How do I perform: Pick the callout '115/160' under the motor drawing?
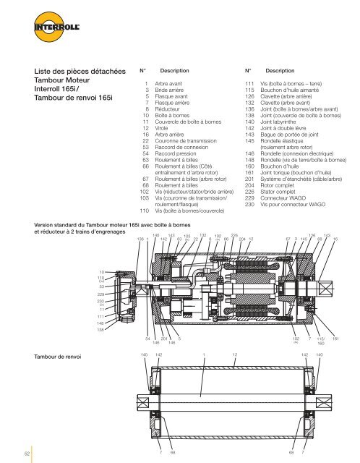320,341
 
